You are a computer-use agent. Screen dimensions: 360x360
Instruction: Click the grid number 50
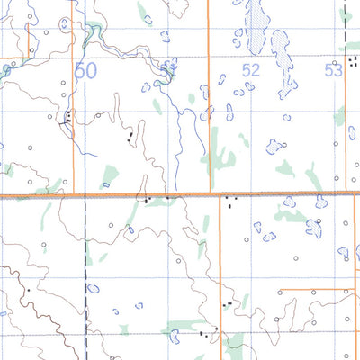[x=86, y=71]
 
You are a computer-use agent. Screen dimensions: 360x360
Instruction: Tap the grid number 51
[x=168, y=69]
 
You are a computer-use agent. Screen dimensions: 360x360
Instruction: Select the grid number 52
[x=251, y=69]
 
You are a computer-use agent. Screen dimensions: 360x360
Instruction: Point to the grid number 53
[x=334, y=70]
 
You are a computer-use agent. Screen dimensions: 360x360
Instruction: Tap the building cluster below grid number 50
[x=68, y=116]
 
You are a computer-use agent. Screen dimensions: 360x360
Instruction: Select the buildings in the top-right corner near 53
[x=346, y=13]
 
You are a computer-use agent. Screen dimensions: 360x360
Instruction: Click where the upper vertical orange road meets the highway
[x=210, y=193]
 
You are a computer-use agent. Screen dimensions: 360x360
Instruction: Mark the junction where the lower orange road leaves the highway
[x=220, y=195]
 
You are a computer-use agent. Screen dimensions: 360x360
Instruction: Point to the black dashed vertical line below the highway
[x=85, y=270]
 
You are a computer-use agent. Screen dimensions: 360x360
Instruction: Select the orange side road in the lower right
[x=315, y=291]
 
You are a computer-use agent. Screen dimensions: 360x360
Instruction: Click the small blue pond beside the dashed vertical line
[x=92, y=289]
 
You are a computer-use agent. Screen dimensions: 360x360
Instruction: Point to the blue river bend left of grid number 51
[x=160, y=81]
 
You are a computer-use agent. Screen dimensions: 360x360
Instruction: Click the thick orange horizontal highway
[x=135, y=194]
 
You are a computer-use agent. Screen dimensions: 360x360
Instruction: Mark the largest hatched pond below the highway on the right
[x=314, y=229]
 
